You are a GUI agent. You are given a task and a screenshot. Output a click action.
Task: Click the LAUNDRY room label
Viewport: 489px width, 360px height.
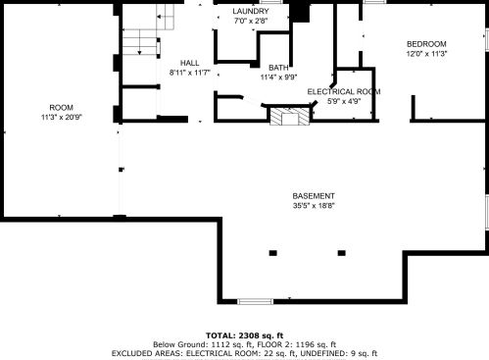(x=251, y=11)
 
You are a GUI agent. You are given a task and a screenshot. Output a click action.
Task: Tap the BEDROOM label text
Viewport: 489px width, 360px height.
(x=426, y=44)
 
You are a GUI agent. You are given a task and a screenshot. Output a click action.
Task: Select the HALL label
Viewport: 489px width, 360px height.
(x=189, y=63)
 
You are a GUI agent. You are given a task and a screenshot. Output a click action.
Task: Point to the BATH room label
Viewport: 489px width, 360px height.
(x=278, y=68)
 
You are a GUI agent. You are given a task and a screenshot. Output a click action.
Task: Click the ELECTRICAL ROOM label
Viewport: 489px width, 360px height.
(x=344, y=91)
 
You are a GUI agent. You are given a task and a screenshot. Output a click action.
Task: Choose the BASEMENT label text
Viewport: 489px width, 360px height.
(x=314, y=196)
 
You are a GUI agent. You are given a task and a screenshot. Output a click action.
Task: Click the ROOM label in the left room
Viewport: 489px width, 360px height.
(x=62, y=107)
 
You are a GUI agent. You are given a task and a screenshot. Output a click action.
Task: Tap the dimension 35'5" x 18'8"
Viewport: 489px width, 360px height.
(x=314, y=206)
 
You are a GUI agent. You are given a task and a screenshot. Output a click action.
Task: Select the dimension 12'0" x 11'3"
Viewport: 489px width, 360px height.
(x=426, y=54)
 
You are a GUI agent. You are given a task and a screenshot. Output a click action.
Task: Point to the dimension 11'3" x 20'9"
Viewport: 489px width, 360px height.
(x=62, y=117)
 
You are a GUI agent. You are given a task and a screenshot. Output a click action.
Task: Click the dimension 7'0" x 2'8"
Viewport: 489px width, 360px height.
(x=251, y=21)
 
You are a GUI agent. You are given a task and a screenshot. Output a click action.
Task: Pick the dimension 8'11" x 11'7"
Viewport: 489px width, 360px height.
(x=189, y=73)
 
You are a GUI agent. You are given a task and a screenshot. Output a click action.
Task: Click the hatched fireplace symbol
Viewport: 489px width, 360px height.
(x=289, y=116)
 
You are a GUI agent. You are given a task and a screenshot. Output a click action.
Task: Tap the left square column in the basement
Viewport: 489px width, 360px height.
(x=273, y=253)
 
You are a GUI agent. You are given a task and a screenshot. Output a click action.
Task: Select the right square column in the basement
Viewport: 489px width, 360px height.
(x=342, y=253)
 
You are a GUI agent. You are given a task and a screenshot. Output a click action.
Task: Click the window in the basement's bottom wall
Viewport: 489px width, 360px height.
(x=255, y=301)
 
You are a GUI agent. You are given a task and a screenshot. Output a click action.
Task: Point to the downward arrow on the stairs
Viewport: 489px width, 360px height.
(x=140, y=45)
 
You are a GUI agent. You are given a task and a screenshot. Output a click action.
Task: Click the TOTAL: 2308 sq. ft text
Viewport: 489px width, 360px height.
(x=244, y=335)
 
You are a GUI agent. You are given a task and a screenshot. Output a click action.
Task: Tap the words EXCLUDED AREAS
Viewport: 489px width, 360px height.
(x=147, y=353)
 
